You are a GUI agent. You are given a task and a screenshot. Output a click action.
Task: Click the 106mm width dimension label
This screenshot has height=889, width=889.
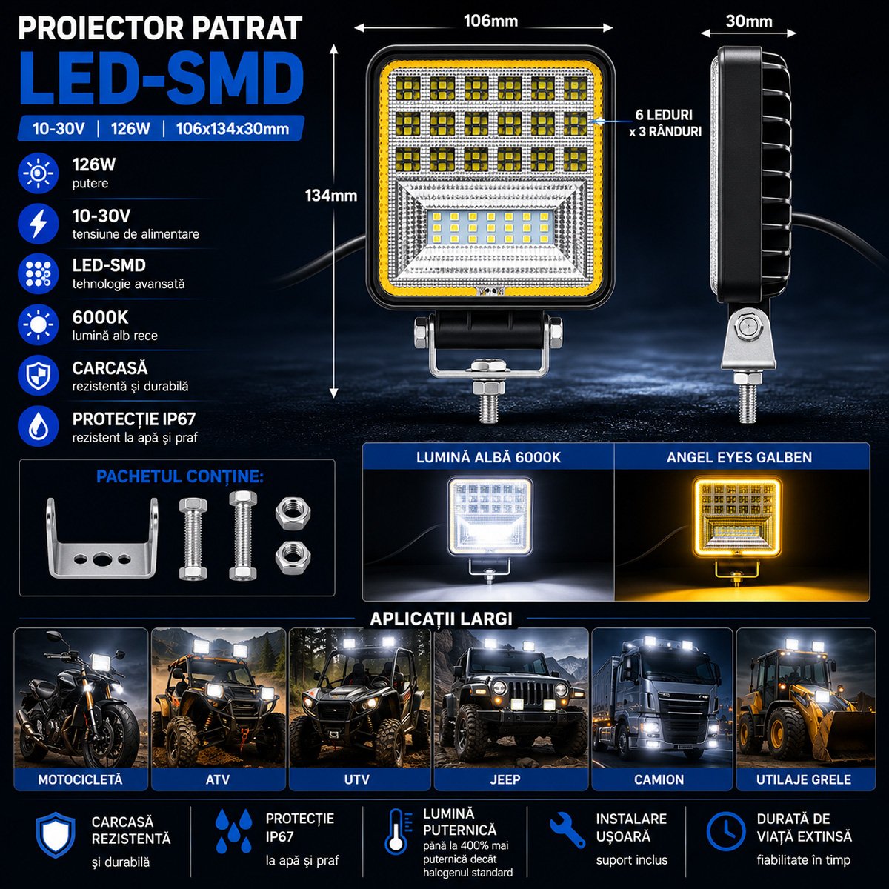[491, 21]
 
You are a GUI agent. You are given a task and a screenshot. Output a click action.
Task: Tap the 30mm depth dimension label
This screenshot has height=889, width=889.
[749, 21]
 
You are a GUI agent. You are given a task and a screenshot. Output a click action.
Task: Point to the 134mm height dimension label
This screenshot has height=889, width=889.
[330, 196]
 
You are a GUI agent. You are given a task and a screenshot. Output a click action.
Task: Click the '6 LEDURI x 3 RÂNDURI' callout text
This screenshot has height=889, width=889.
[665, 123]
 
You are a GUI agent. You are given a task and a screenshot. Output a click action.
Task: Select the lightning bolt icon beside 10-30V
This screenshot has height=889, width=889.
[39, 223]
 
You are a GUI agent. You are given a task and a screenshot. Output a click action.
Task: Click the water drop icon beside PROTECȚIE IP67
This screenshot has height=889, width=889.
[39, 426]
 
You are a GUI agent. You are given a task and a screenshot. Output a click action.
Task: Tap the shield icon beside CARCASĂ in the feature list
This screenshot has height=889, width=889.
[39, 376]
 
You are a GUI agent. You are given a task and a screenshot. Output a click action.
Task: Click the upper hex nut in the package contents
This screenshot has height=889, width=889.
[293, 513]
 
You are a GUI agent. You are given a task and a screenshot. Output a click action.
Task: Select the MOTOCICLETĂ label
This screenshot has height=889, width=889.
[80, 779]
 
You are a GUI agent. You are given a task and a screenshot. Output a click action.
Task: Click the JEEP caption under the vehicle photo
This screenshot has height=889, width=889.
[505, 779]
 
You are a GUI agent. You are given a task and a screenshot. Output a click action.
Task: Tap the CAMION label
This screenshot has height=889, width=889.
[659, 779]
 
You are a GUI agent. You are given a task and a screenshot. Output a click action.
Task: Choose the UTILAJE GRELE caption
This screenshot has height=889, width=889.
[804, 779]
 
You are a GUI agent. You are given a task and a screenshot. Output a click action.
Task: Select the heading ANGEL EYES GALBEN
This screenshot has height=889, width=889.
[739, 457]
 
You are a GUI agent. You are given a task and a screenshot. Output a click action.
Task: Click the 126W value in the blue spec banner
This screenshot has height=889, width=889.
[130, 129]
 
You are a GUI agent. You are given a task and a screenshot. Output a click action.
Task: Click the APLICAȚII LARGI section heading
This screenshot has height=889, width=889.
[441, 619]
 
